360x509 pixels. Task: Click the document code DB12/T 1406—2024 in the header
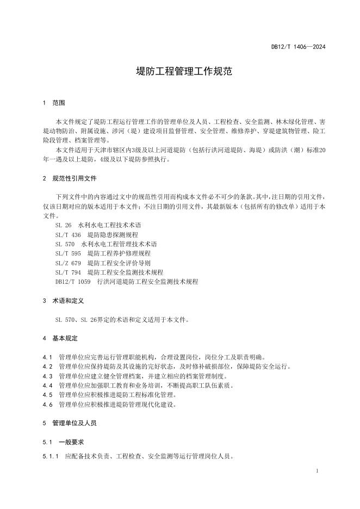click(298, 47)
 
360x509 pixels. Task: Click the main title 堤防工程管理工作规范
click(180, 72)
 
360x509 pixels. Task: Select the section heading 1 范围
click(54, 103)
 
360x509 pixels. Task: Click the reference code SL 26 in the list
click(63, 225)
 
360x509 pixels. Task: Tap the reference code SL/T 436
click(67, 234)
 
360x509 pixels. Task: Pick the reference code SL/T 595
click(67, 253)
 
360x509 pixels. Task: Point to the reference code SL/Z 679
click(67, 263)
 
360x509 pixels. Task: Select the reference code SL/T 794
click(67, 272)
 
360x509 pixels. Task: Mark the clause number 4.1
click(47, 357)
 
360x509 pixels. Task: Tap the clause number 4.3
click(47, 376)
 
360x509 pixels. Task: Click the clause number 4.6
click(47, 404)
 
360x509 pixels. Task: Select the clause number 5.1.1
click(50, 456)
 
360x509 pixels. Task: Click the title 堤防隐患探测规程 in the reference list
click(109, 234)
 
